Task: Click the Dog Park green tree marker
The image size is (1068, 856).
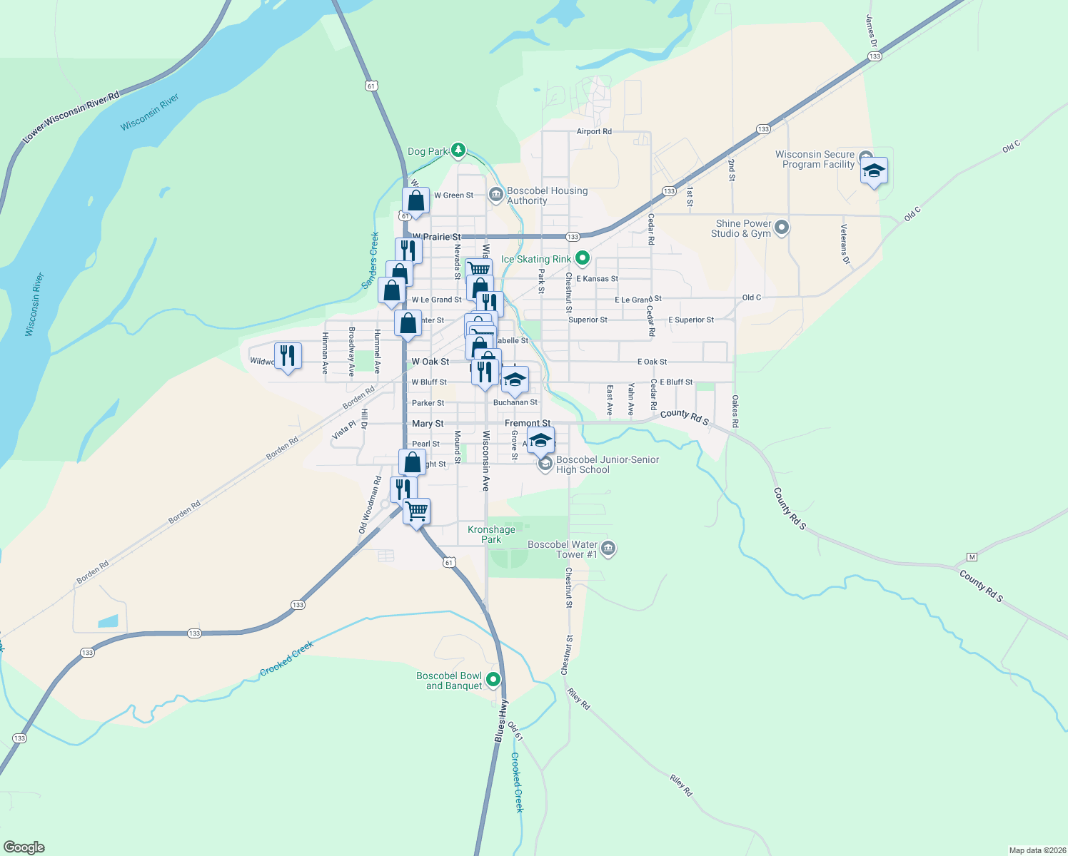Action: tap(458, 151)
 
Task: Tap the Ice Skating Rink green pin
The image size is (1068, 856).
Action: tap(583, 258)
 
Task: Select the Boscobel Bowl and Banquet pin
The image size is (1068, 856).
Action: tap(493, 680)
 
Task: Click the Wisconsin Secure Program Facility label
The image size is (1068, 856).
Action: tap(815, 159)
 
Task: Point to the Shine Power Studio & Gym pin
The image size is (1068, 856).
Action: tap(782, 228)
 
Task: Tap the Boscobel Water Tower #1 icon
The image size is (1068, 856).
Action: tap(608, 549)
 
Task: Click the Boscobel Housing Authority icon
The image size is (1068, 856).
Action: tap(496, 195)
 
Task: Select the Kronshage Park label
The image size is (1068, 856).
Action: tap(491, 534)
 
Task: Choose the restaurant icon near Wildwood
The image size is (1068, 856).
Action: tap(288, 355)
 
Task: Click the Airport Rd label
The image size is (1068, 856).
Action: tap(594, 131)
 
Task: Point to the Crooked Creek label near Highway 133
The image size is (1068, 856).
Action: tap(286, 658)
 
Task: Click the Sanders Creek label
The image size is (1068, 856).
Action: tap(370, 260)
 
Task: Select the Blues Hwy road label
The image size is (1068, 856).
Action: tap(502, 721)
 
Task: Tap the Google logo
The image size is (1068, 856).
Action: tap(24, 847)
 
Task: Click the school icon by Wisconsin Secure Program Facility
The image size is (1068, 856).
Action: tap(874, 171)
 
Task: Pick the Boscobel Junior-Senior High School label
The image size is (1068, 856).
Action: tap(607, 464)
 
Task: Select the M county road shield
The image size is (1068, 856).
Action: tap(971, 556)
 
